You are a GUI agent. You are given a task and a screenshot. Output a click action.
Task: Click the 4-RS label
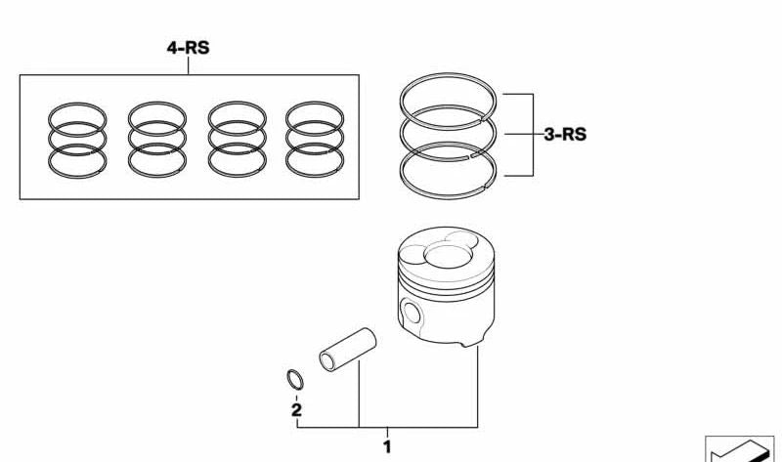click(x=188, y=48)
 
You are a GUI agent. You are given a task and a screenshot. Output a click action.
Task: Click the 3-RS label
click(x=565, y=134)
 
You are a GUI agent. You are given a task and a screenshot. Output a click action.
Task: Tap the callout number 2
click(x=296, y=410)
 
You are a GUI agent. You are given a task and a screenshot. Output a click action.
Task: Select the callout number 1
click(x=387, y=446)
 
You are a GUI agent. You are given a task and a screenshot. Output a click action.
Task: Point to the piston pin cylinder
click(x=348, y=350)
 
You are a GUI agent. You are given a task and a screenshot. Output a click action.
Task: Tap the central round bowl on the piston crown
click(x=448, y=256)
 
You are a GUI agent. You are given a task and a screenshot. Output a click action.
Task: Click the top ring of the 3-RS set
click(x=448, y=75)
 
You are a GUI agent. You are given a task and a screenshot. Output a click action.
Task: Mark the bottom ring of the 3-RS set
click(x=448, y=196)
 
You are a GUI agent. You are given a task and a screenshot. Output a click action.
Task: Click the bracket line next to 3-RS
click(x=533, y=135)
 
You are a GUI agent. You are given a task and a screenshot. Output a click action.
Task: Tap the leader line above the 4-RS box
click(x=188, y=65)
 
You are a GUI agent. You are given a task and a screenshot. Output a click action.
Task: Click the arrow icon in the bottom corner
click(x=740, y=451)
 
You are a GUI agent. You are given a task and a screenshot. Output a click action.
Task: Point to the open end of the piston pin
click(x=327, y=361)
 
